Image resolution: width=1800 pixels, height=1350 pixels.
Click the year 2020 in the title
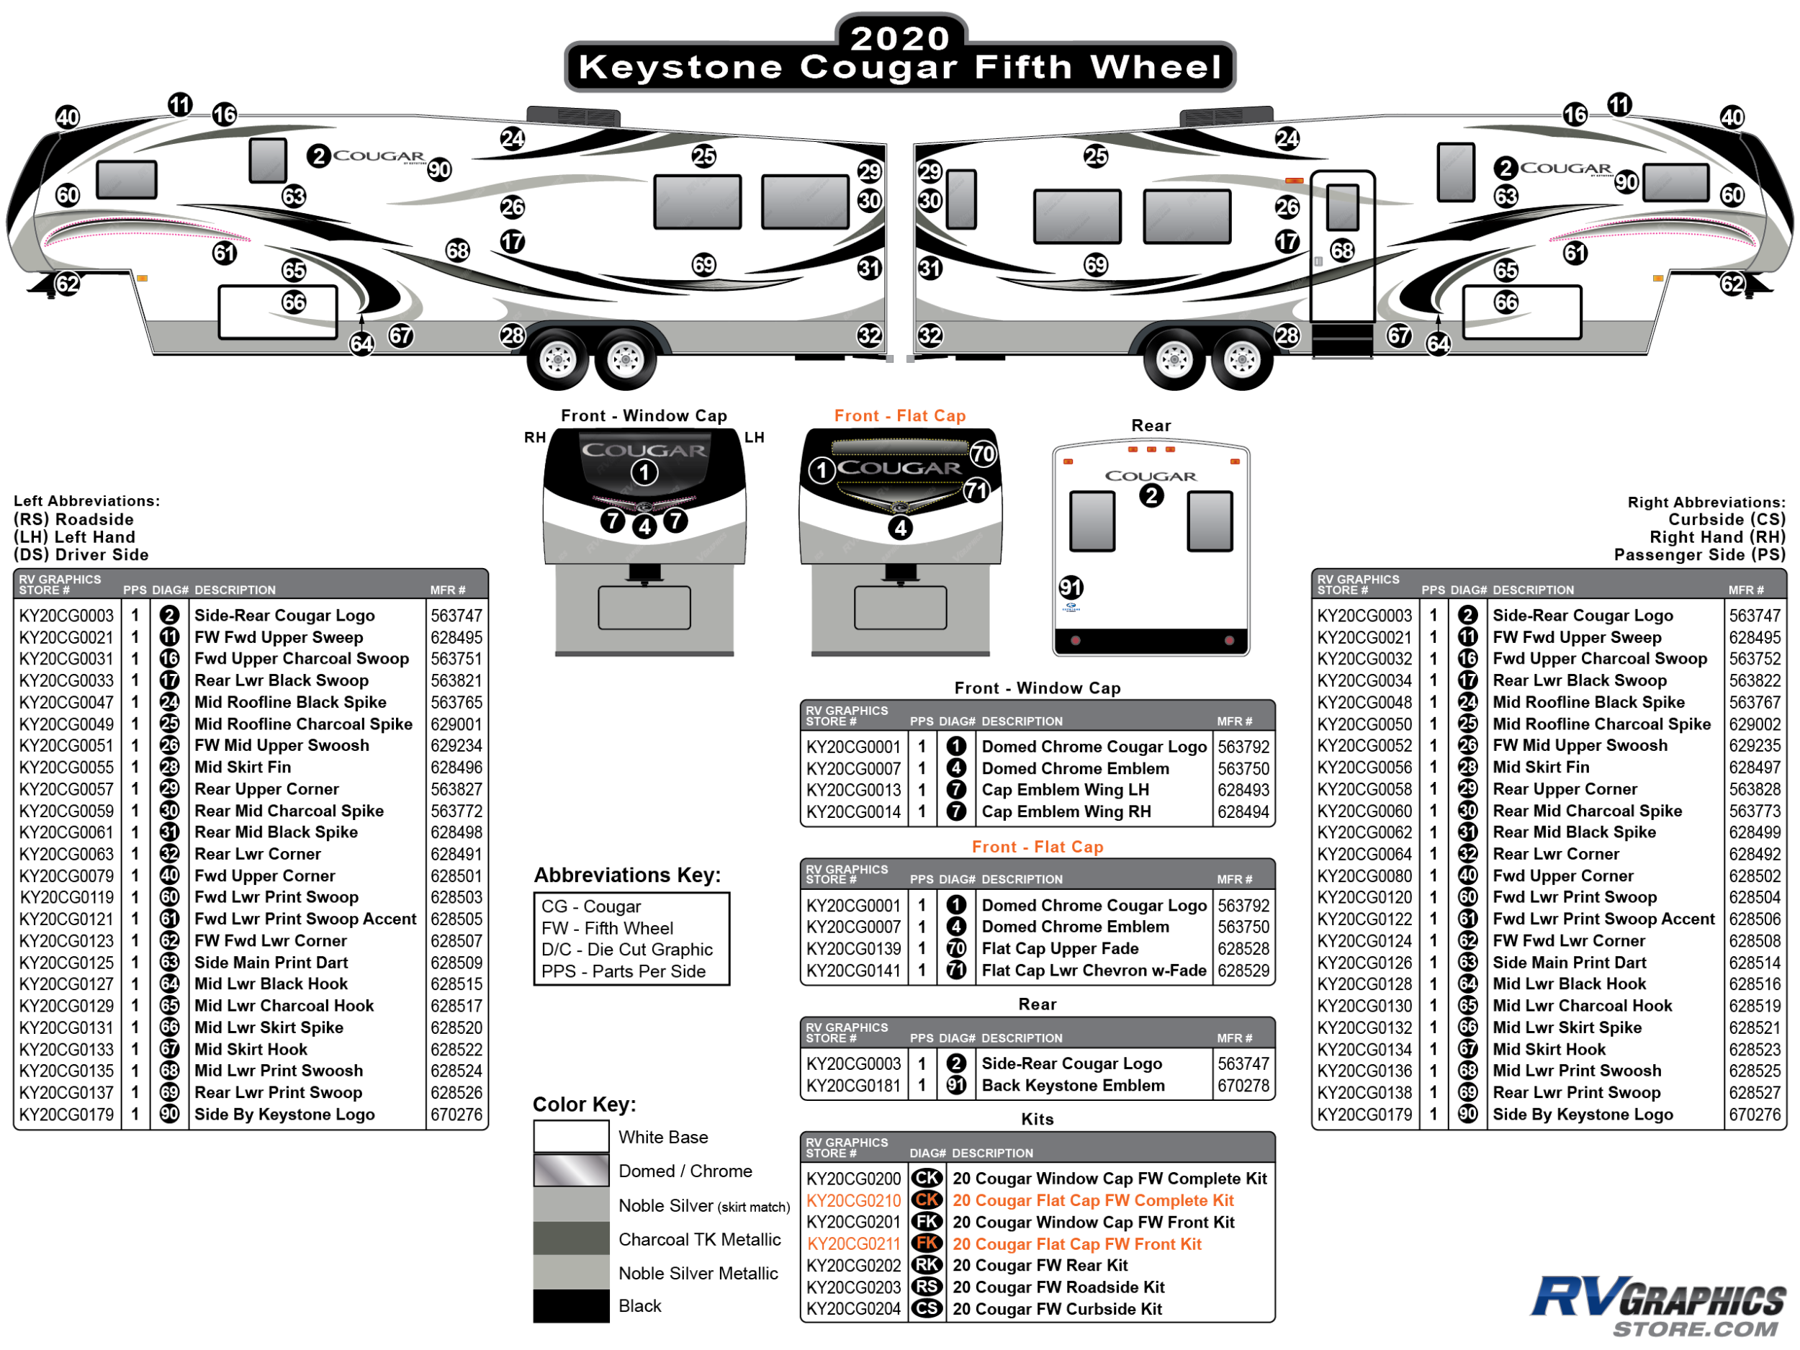pos(899,37)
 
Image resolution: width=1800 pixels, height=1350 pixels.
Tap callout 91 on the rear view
pos(1070,588)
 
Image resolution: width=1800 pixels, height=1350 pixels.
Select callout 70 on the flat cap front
pos(983,454)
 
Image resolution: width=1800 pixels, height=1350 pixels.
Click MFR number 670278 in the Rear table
pos(1243,1086)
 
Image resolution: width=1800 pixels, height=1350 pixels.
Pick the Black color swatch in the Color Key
pos(570,1305)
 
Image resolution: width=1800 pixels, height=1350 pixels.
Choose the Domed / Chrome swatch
pos(570,1171)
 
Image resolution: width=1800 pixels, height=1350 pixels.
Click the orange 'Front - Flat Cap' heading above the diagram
pos(899,416)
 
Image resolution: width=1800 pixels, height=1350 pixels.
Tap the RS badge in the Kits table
pos(926,1287)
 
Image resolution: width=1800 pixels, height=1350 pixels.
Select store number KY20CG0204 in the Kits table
pos(852,1308)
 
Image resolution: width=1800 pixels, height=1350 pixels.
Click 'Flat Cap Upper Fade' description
pos(1060,949)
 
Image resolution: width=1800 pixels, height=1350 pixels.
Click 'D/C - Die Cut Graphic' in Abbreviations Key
pos(626,950)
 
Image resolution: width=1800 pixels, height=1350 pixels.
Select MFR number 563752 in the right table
pos(1755,659)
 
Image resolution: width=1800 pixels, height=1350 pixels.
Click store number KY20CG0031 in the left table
pos(67,659)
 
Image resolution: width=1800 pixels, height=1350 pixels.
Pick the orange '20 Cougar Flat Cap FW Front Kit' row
pos(1076,1243)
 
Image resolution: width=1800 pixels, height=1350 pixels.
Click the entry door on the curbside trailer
pos(1342,244)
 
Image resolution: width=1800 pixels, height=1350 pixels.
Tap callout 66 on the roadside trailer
pos(294,302)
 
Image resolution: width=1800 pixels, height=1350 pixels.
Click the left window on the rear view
pos(1092,521)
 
